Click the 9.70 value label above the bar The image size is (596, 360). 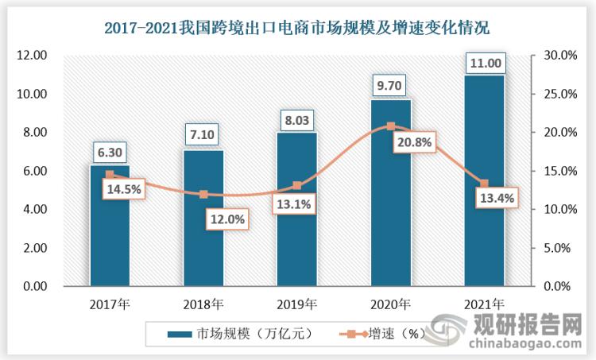(390, 81)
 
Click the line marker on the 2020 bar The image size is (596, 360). (390, 126)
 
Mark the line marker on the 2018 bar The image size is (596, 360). (203, 194)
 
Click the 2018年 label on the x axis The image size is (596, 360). (203, 304)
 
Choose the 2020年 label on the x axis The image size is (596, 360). (390, 304)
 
